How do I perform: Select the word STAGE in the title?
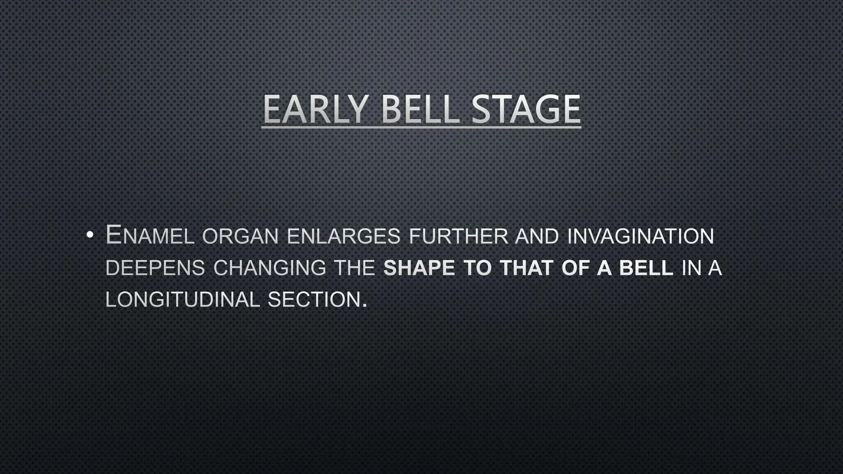(x=526, y=109)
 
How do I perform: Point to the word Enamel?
(x=150, y=236)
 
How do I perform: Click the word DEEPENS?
(x=155, y=268)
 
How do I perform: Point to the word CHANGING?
(x=270, y=268)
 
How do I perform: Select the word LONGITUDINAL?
(x=183, y=300)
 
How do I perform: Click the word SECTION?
(x=314, y=300)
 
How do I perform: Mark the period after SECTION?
(x=364, y=305)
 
